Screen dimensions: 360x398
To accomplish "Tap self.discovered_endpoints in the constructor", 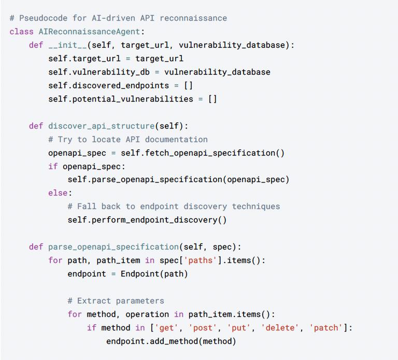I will coord(108,86).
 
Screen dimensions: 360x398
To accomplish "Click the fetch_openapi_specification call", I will coord(202,153).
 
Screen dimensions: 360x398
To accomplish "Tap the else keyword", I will coord(58,193).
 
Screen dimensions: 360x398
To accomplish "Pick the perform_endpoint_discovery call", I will coord(159,220).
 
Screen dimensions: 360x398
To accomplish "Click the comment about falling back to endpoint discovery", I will coord(174,206).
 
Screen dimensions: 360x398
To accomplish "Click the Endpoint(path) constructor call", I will coord(154,274).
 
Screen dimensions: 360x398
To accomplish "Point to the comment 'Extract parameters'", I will coord(116,301).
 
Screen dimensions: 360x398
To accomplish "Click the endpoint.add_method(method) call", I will coord(171,341).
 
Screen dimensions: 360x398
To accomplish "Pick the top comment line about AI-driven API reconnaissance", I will coord(118,18).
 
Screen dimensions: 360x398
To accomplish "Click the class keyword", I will coord(21,32).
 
